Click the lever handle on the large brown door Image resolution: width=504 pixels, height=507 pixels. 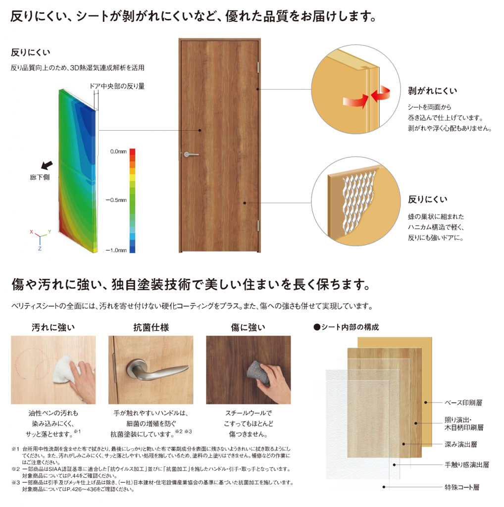[191, 154]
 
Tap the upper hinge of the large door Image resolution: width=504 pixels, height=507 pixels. [258, 67]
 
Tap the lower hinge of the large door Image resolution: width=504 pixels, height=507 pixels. [258, 225]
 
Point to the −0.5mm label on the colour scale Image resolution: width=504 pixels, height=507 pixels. [116, 200]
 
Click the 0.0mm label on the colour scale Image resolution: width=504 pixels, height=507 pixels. [118, 152]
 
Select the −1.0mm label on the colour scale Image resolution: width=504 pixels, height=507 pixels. [116, 250]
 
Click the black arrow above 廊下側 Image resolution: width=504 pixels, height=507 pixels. [47, 165]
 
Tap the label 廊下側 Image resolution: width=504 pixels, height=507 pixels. [40, 177]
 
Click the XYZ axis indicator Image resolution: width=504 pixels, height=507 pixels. [40, 239]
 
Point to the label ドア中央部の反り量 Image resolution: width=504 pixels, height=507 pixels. [117, 86]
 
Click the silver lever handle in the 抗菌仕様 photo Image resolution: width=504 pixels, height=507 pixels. [156, 371]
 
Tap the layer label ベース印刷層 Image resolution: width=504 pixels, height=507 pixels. [463, 403]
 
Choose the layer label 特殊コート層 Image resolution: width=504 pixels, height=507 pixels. [462, 487]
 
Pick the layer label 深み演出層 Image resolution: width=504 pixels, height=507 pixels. [461, 444]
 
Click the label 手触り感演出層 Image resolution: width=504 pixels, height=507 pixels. [467, 464]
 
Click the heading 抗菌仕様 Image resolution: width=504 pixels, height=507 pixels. [151, 328]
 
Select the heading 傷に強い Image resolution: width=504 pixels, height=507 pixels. [248, 328]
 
